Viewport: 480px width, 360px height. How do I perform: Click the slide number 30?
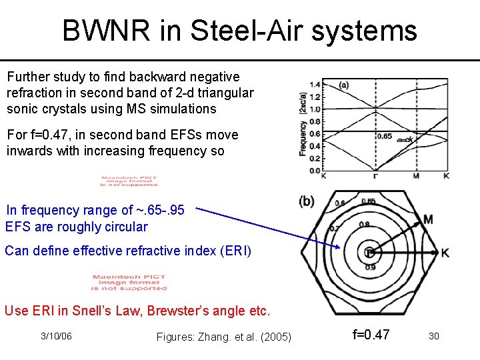click(433, 336)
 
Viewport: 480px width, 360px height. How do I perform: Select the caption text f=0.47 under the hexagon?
click(371, 334)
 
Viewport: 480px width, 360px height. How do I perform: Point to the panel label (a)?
click(343, 85)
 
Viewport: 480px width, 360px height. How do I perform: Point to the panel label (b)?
click(307, 201)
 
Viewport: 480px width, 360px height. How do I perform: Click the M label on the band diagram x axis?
click(416, 177)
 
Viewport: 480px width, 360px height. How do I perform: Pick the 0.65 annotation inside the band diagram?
click(385, 136)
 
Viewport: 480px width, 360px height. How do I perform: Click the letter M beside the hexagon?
click(427, 220)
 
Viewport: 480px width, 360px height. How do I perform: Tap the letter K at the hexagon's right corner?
click(445, 253)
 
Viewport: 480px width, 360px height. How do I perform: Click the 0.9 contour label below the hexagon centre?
click(371, 268)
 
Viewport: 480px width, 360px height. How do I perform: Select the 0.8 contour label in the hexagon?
click(365, 225)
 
